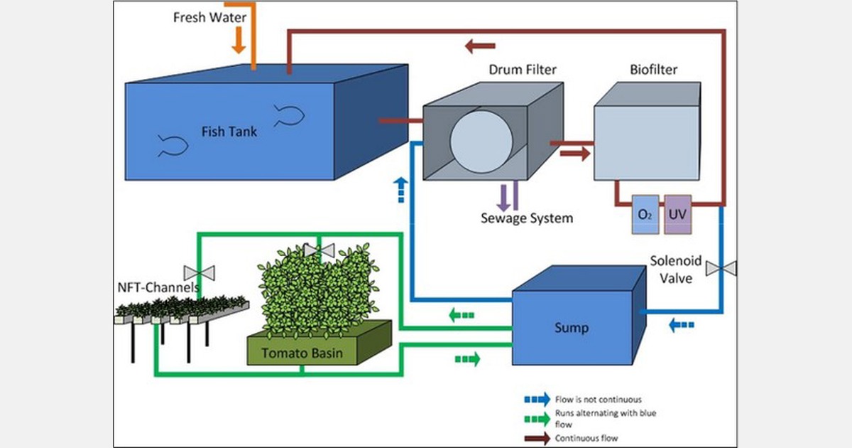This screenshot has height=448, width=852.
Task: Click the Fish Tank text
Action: click(229, 131)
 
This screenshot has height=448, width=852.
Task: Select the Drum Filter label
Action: click(522, 70)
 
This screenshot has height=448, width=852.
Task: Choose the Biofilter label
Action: click(653, 70)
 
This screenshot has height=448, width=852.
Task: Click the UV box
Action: click(677, 215)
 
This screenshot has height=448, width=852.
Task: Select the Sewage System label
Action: click(526, 218)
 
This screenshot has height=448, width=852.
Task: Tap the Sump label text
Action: click(572, 328)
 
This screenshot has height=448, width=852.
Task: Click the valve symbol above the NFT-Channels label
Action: click(199, 272)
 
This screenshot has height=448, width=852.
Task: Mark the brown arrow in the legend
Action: click(537, 438)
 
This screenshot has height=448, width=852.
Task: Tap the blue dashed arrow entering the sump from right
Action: click(682, 325)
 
